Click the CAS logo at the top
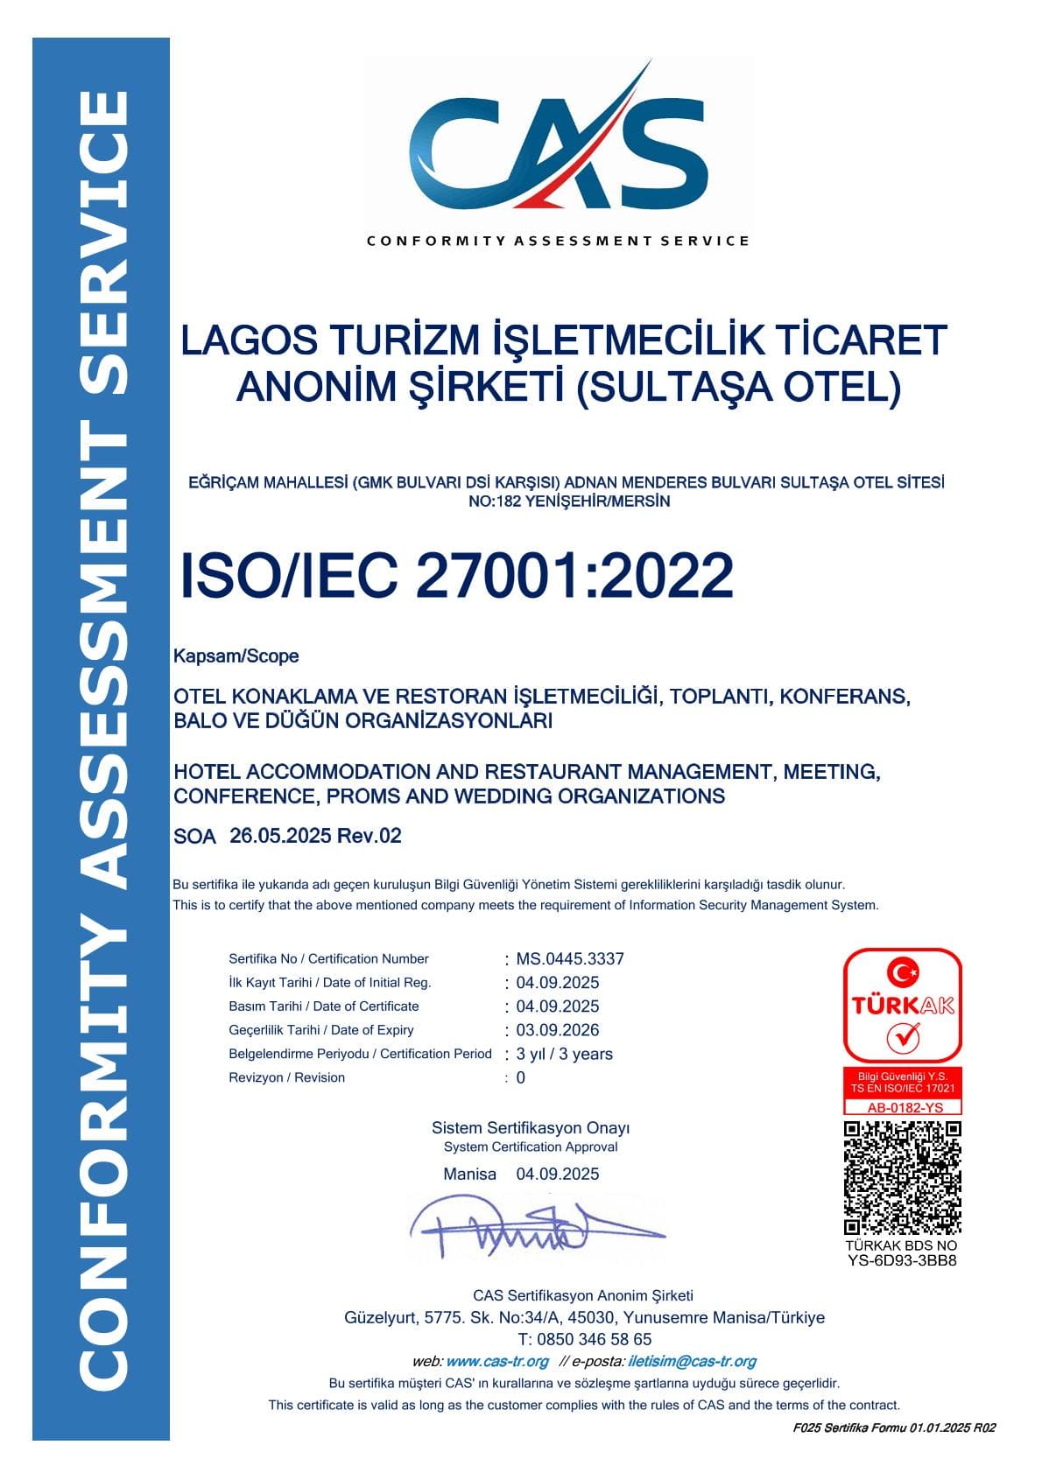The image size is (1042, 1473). pos(559,144)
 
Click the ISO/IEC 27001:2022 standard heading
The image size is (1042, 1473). pos(456,575)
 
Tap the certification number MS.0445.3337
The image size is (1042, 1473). pos(570,958)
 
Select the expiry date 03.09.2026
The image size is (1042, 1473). pos(558,1030)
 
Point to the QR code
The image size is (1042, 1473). pos(902,1177)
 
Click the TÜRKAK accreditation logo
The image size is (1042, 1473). pos(902,1006)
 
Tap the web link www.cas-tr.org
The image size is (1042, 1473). pos(497,1361)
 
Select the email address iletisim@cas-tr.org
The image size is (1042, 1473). pos(693,1361)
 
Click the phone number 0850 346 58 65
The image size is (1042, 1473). pos(595,1339)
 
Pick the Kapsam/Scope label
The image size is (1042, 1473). pos(236,656)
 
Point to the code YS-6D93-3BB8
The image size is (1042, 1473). pos(902,1260)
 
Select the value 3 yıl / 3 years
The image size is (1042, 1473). pos(565,1054)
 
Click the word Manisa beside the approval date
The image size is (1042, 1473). pos(469,1175)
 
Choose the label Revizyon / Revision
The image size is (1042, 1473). pos(286,1077)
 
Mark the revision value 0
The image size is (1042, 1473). pos(521,1077)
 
